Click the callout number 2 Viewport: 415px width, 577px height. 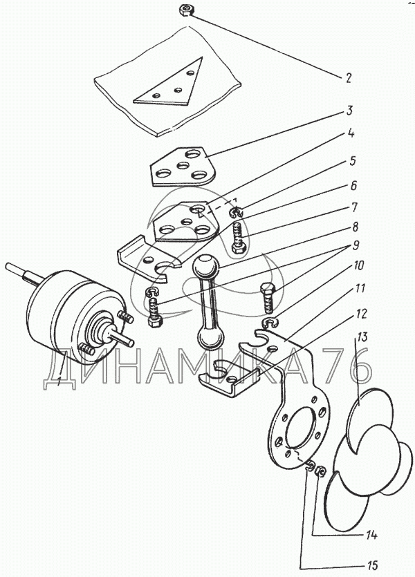(348, 78)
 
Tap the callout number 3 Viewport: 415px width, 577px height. (349, 111)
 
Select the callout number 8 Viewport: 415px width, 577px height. (356, 227)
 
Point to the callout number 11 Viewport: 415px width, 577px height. (360, 288)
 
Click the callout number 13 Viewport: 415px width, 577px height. (363, 337)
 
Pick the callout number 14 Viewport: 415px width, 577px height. (371, 535)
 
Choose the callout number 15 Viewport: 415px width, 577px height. (371, 565)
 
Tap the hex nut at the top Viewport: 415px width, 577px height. (185, 10)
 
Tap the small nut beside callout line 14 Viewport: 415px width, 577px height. (320, 471)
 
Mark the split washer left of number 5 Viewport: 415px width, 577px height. (236, 211)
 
